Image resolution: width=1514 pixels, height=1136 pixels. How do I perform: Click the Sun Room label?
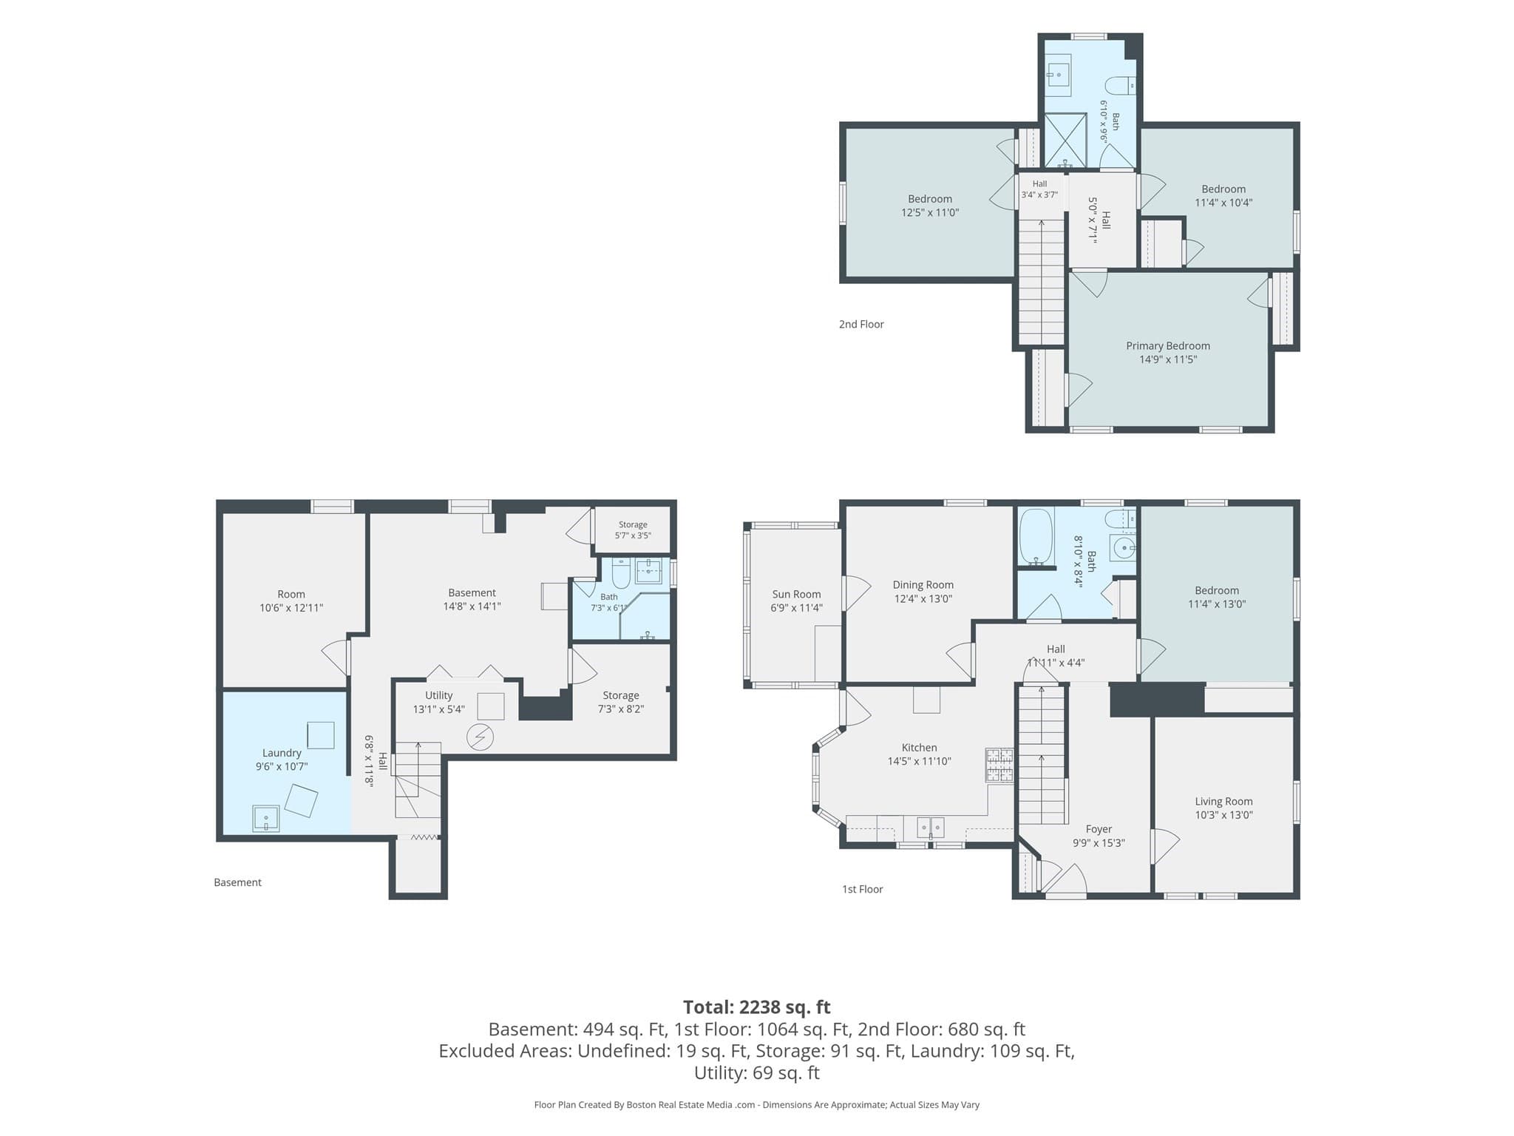tap(796, 594)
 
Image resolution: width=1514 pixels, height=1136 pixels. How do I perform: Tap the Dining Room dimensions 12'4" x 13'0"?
tap(923, 598)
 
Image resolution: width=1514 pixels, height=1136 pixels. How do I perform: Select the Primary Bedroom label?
tap(1168, 345)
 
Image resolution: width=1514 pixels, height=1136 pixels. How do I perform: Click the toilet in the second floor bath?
tap(1121, 85)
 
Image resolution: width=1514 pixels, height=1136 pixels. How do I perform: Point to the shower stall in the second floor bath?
tap(1065, 140)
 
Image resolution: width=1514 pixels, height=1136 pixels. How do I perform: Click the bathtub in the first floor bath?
tap(1035, 537)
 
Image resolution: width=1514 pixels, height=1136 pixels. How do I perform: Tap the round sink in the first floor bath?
tap(1124, 548)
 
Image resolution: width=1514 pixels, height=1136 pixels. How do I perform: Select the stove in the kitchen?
tap(999, 765)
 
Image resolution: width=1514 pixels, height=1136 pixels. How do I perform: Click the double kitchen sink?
tap(931, 826)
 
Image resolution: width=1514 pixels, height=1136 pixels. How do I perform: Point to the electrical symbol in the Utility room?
tap(481, 737)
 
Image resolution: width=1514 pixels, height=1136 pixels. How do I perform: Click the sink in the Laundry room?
tap(265, 818)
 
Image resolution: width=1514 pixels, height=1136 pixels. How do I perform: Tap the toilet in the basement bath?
tap(621, 572)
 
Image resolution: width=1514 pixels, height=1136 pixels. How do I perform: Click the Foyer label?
tap(1099, 829)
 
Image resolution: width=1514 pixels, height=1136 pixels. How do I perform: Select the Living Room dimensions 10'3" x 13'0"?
tap(1223, 815)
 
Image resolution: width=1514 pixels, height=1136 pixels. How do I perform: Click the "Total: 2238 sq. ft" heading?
tap(756, 1007)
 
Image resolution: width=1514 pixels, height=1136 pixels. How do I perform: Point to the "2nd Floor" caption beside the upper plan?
tap(861, 324)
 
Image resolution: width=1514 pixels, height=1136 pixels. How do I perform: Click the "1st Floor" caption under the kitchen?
tap(863, 889)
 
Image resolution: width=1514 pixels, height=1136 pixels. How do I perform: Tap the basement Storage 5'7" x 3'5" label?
tap(633, 530)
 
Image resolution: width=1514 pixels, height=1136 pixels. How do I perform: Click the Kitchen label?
tap(919, 748)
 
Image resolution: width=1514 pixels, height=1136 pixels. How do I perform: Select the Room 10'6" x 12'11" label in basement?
tap(291, 601)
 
